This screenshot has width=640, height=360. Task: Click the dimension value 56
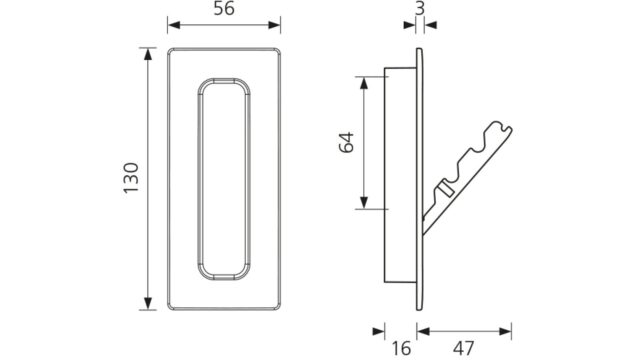(x=224, y=8)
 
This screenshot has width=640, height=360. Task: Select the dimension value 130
(x=131, y=178)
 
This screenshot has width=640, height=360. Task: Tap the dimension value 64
(x=347, y=142)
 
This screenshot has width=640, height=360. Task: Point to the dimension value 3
(x=420, y=8)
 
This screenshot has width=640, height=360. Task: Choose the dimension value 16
(x=402, y=348)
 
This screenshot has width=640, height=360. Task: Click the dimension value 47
(x=464, y=348)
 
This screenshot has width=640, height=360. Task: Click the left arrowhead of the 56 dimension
(x=174, y=25)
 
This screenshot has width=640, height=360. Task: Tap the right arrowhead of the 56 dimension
(x=274, y=25)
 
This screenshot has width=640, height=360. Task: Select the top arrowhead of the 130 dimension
(x=148, y=54)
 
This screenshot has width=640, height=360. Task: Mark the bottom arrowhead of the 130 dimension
(x=148, y=303)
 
